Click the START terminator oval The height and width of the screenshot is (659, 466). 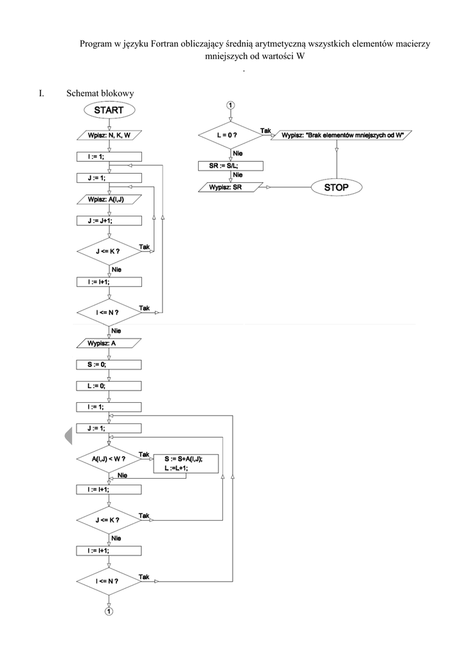click(109, 111)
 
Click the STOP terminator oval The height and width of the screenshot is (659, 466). click(336, 187)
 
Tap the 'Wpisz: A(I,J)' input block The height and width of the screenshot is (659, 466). click(109, 199)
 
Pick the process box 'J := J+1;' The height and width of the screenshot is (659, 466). click(109, 220)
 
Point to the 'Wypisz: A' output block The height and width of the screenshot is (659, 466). click(109, 343)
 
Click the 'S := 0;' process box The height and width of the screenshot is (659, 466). click(109, 364)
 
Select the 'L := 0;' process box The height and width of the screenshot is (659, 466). click(109, 385)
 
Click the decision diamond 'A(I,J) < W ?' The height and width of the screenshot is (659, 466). click(109, 459)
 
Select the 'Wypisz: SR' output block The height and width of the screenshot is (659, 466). click(229, 187)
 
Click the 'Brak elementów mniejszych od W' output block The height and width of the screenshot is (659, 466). click(342, 136)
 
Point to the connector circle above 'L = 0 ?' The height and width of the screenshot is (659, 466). click(229, 105)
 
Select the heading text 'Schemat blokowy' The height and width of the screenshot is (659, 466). click(100, 94)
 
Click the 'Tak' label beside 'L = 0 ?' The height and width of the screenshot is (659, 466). click(265, 131)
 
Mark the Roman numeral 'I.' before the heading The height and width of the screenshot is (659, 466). click(42, 94)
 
